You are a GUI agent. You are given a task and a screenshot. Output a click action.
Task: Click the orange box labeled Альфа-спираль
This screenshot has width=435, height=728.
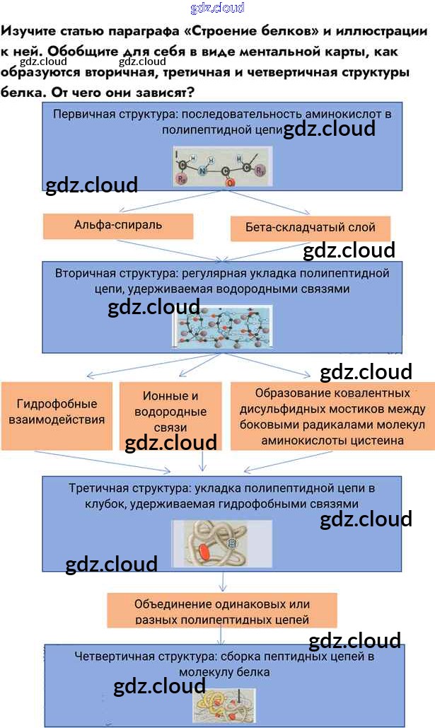118,226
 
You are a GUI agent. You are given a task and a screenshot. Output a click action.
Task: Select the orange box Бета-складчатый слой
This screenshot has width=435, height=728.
311,228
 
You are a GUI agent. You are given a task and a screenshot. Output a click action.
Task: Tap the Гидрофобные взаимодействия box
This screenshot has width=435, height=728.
57,412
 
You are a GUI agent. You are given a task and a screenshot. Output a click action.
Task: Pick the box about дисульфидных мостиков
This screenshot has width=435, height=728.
332,416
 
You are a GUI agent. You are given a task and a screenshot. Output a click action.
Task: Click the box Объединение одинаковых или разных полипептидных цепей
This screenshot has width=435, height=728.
222,612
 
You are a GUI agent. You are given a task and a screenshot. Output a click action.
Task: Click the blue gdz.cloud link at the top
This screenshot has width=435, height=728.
217,8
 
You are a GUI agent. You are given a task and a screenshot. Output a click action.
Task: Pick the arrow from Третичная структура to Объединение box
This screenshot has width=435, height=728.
224,582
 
